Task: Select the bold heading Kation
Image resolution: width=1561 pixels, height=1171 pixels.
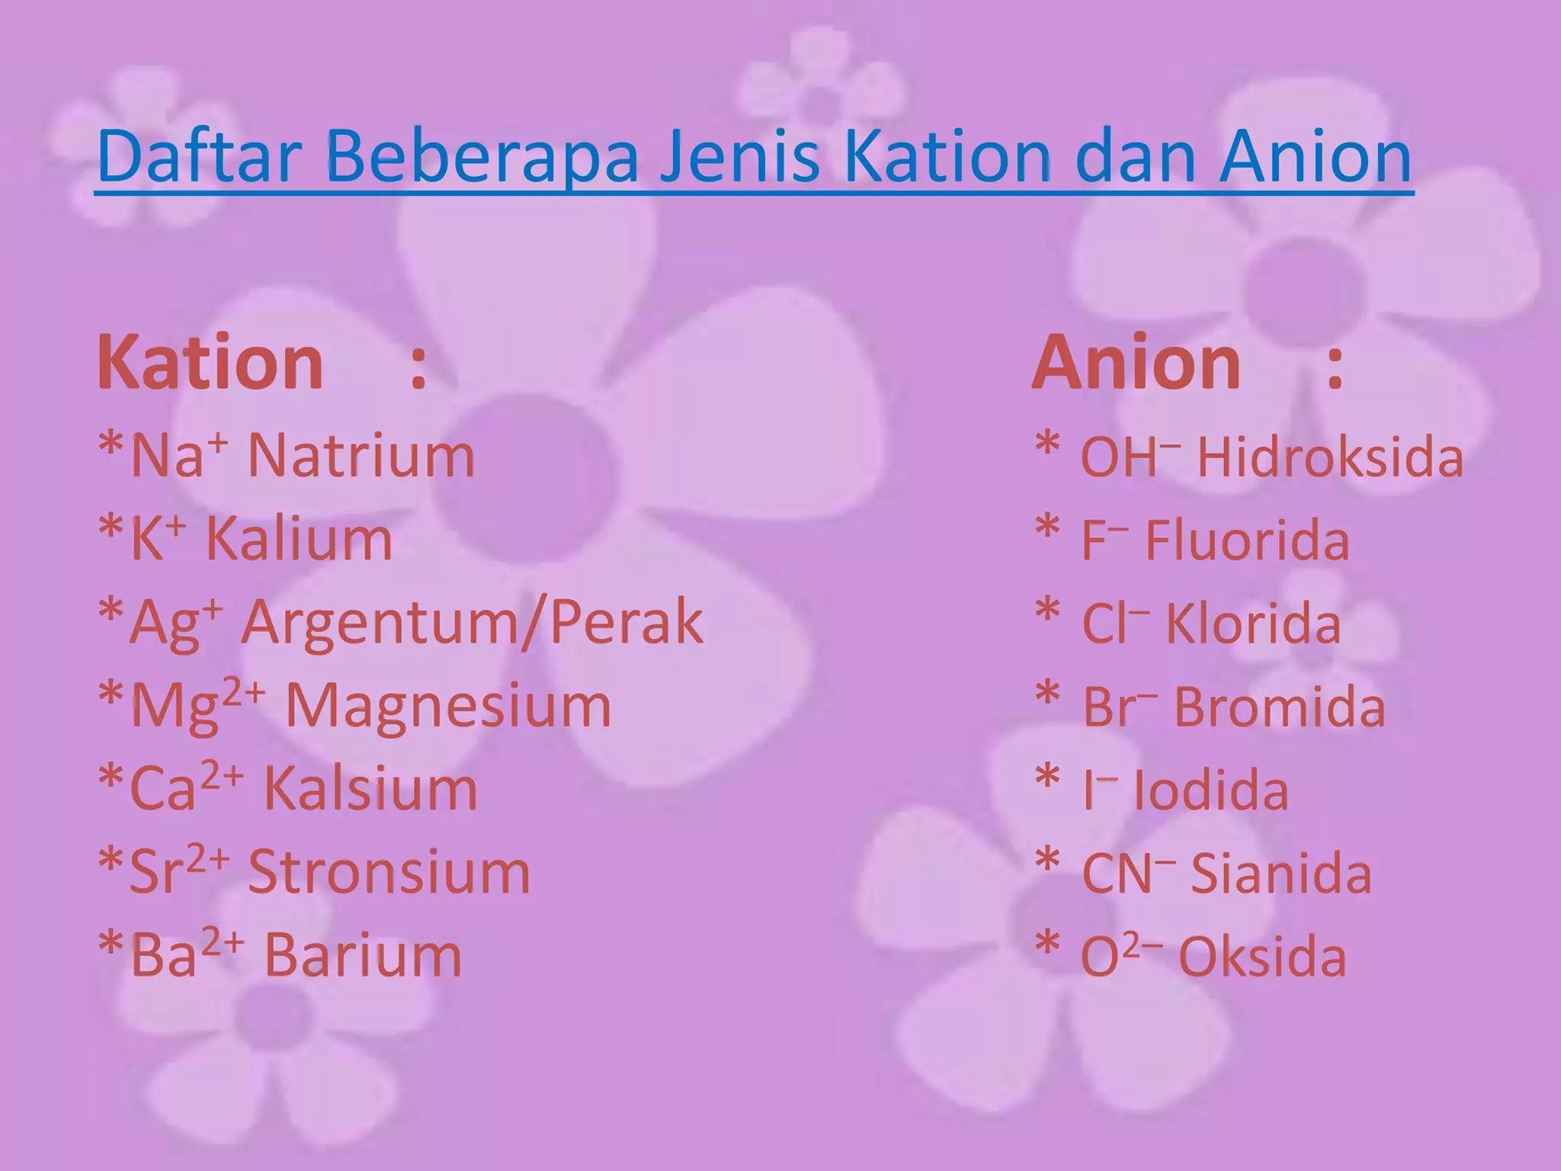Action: (x=210, y=364)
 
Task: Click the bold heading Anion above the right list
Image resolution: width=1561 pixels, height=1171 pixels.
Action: (x=1136, y=364)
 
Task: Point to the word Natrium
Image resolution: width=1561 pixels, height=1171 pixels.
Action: (x=361, y=457)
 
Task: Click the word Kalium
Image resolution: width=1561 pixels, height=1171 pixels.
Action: (x=299, y=540)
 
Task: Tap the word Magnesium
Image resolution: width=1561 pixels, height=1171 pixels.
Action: (x=448, y=706)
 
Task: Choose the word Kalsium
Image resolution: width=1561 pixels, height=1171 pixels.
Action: (x=370, y=789)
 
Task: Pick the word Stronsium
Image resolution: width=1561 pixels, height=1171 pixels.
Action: (x=389, y=872)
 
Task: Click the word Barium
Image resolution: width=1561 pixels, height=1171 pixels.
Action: (x=363, y=955)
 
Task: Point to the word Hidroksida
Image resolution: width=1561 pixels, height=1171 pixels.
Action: (x=1330, y=457)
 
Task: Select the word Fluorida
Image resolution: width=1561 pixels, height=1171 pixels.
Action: (x=1247, y=541)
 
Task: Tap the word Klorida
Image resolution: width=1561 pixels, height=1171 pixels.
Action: (x=1253, y=624)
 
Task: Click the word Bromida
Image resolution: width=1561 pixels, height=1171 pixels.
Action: (x=1279, y=707)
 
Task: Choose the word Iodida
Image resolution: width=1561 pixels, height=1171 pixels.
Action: (x=1211, y=791)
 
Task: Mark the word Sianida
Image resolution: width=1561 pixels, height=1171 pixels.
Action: (x=1281, y=874)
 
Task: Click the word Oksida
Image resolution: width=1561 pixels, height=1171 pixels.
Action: (x=1262, y=957)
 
